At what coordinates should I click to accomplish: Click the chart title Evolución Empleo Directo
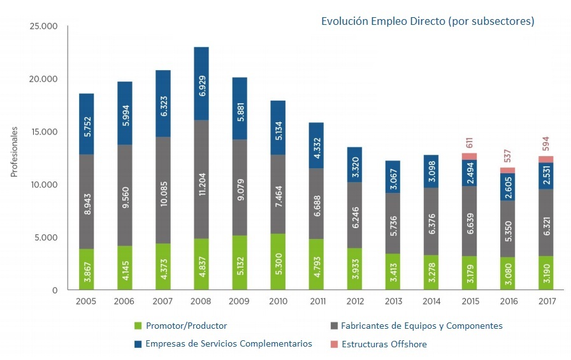point(427,22)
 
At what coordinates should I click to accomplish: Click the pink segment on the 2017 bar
point(546,159)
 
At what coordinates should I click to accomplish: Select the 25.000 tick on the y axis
point(44,26)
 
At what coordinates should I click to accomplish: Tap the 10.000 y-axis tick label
point(44,185)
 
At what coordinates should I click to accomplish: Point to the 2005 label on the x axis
point(86,301)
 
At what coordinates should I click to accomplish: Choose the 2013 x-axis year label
point(393,301)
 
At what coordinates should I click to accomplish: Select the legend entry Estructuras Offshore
point(384,344)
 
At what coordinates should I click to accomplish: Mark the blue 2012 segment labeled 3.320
point(354,164)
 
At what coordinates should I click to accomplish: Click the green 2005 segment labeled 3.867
point(86,270)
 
